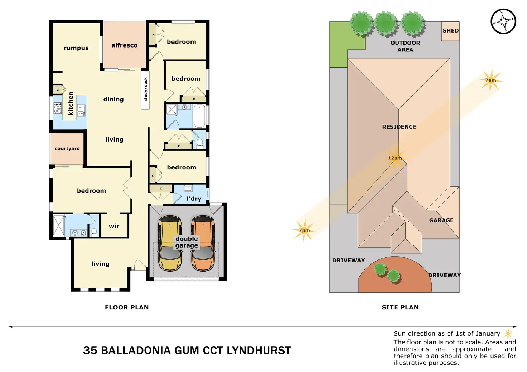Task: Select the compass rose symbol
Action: tap(503, 21)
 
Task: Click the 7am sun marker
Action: tap(491, 80)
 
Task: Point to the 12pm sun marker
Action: tap(395, 158)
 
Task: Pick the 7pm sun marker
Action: tap(304, 230)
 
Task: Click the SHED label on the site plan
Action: tap(450, 31)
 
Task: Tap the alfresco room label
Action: tap(124, 45)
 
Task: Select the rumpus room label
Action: tap(76, 48)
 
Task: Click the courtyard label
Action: tap(67, 148)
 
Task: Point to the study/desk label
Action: tap(145, 89)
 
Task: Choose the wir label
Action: tap(114, 226)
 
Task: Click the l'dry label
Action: tap(194, 199)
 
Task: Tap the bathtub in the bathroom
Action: tap(199, 115)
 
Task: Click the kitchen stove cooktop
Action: tap(58, 108)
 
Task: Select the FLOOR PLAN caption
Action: tap(127, 307)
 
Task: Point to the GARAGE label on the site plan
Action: tap(441, 220)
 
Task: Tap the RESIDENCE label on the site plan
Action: tap(399, 127)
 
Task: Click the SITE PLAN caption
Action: tap(400, 307)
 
